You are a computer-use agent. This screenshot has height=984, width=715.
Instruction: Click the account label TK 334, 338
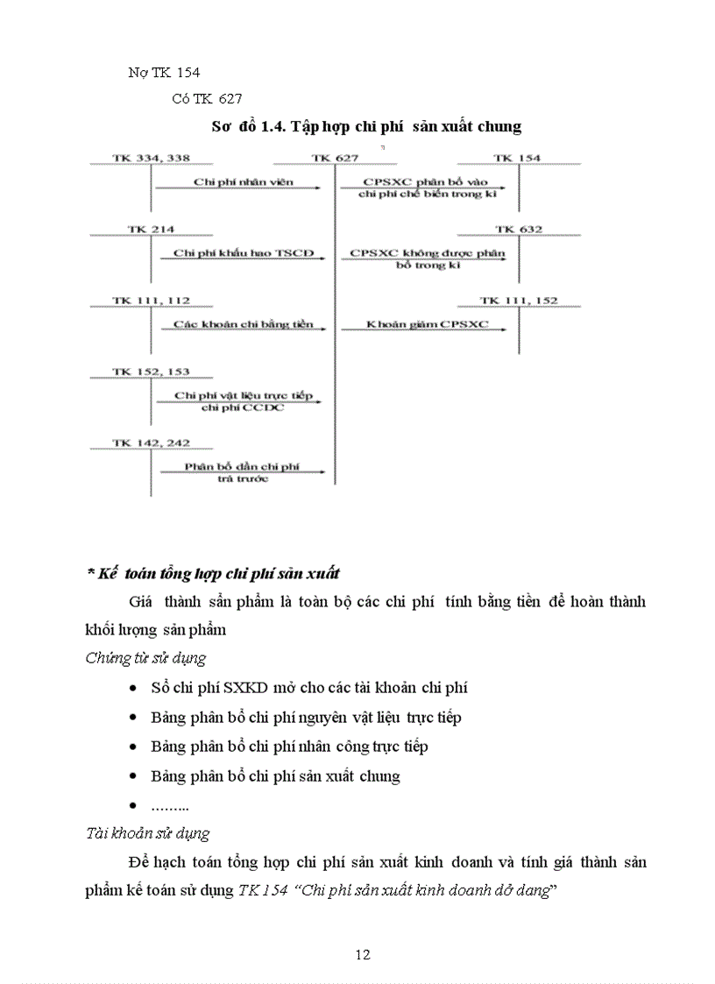pos(151,158)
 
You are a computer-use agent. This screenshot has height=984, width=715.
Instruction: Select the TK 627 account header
pos(334,158)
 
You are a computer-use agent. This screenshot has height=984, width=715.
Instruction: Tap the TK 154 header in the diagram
pos(517,158)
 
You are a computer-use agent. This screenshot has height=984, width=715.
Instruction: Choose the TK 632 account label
pos(518,229)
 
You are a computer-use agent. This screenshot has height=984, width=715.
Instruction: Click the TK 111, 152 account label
pos(518,301)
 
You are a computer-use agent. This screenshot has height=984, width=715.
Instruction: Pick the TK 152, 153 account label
pos(151,372)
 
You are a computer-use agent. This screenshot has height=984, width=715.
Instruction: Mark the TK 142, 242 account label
pos(151,442)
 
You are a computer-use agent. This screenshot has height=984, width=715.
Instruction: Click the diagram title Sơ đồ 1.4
pos(366,126)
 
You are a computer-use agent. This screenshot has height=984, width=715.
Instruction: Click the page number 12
pos(364,954)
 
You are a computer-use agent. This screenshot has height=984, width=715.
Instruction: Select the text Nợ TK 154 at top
pos(165,72)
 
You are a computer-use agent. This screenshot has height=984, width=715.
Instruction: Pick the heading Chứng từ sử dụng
pos(145,657)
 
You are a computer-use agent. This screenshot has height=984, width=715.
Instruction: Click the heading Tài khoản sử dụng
pos(147,833)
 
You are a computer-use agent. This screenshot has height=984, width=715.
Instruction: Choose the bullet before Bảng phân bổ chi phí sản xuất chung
pos(131,776)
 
